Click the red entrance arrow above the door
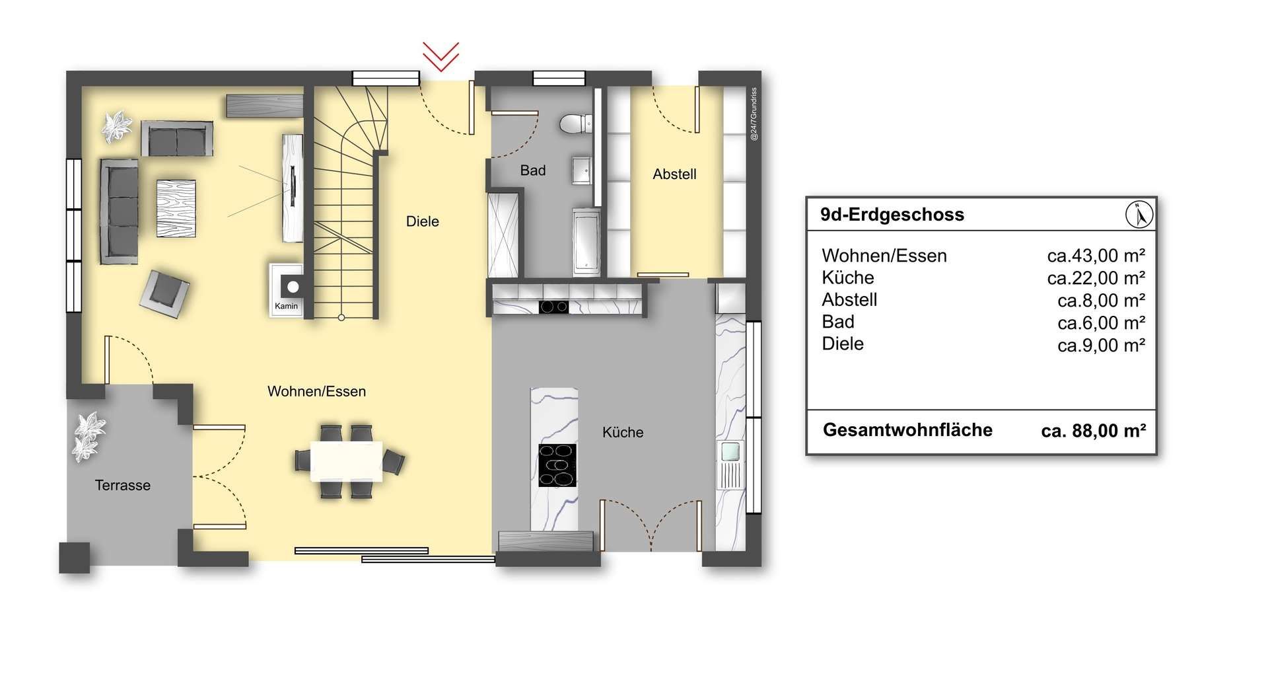click(440, 57)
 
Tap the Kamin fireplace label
click(286, 306)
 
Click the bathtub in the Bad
click(586, 242)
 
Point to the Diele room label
click(423, 221)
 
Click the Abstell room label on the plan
click(674, 174)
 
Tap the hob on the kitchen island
click(557, 465)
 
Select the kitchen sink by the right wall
click(730, 452)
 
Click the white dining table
click(347, 461)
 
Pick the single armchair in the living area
click(164, 290)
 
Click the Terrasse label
click(123, 485)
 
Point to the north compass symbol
click(1139, 215)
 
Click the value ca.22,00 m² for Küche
click(1096, 278)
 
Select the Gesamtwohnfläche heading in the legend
click(907, 430)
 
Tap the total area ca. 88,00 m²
click(1094, 431)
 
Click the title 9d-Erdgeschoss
click(892, 215)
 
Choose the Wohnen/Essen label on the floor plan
click(316, 391)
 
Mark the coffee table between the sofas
click(176, 208)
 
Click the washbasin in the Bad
click(582, 170)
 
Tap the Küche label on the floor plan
click(623, 432)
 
